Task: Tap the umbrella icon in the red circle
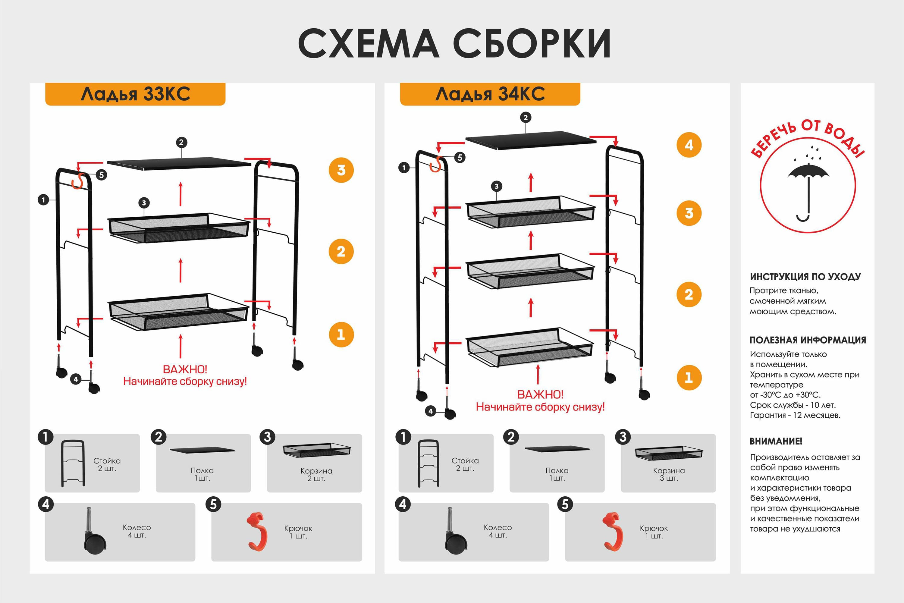808,188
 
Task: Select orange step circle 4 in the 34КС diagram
689,145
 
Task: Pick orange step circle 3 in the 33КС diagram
341,170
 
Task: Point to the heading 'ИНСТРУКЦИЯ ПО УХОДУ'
805,277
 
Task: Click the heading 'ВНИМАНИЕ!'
776,441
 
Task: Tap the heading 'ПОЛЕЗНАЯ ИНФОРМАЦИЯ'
808,340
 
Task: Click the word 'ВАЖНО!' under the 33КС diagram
185,369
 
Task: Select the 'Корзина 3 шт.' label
668,474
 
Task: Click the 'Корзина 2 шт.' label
316,474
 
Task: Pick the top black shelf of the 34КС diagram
531,140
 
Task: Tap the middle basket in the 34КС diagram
530,271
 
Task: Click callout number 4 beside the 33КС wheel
76,379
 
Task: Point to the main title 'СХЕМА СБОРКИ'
454,43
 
